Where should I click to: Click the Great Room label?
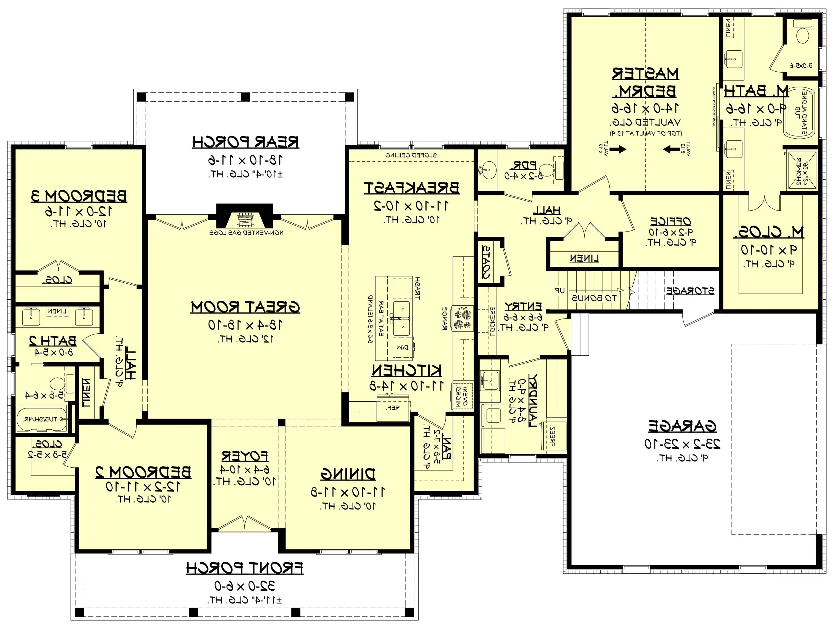(x=245, y=308)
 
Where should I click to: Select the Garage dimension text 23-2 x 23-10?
(x=682, y=444)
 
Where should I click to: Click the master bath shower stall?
(x=801, y=170)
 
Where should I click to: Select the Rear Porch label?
(x=245, y=142)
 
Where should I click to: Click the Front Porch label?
(x=244, y=568)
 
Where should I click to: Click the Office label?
(x=670, y=221)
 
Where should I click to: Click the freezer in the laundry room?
(x=553, y=436)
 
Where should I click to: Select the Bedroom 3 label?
(x=79, y=196)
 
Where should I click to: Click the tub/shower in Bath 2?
(x=42, y=419)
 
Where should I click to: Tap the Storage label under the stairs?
(x=690, y=291)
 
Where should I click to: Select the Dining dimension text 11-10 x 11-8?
(x=348, y=492)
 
